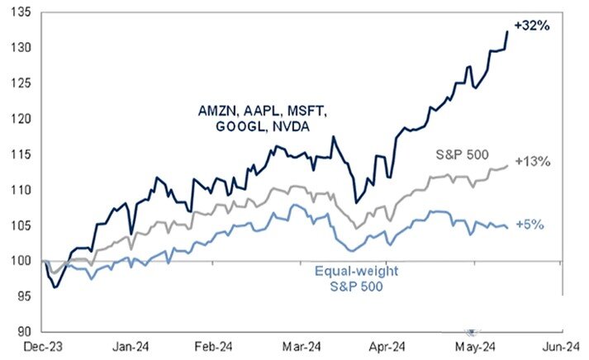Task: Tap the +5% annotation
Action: [x=530, y=224]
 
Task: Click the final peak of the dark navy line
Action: [x=506, y=32]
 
